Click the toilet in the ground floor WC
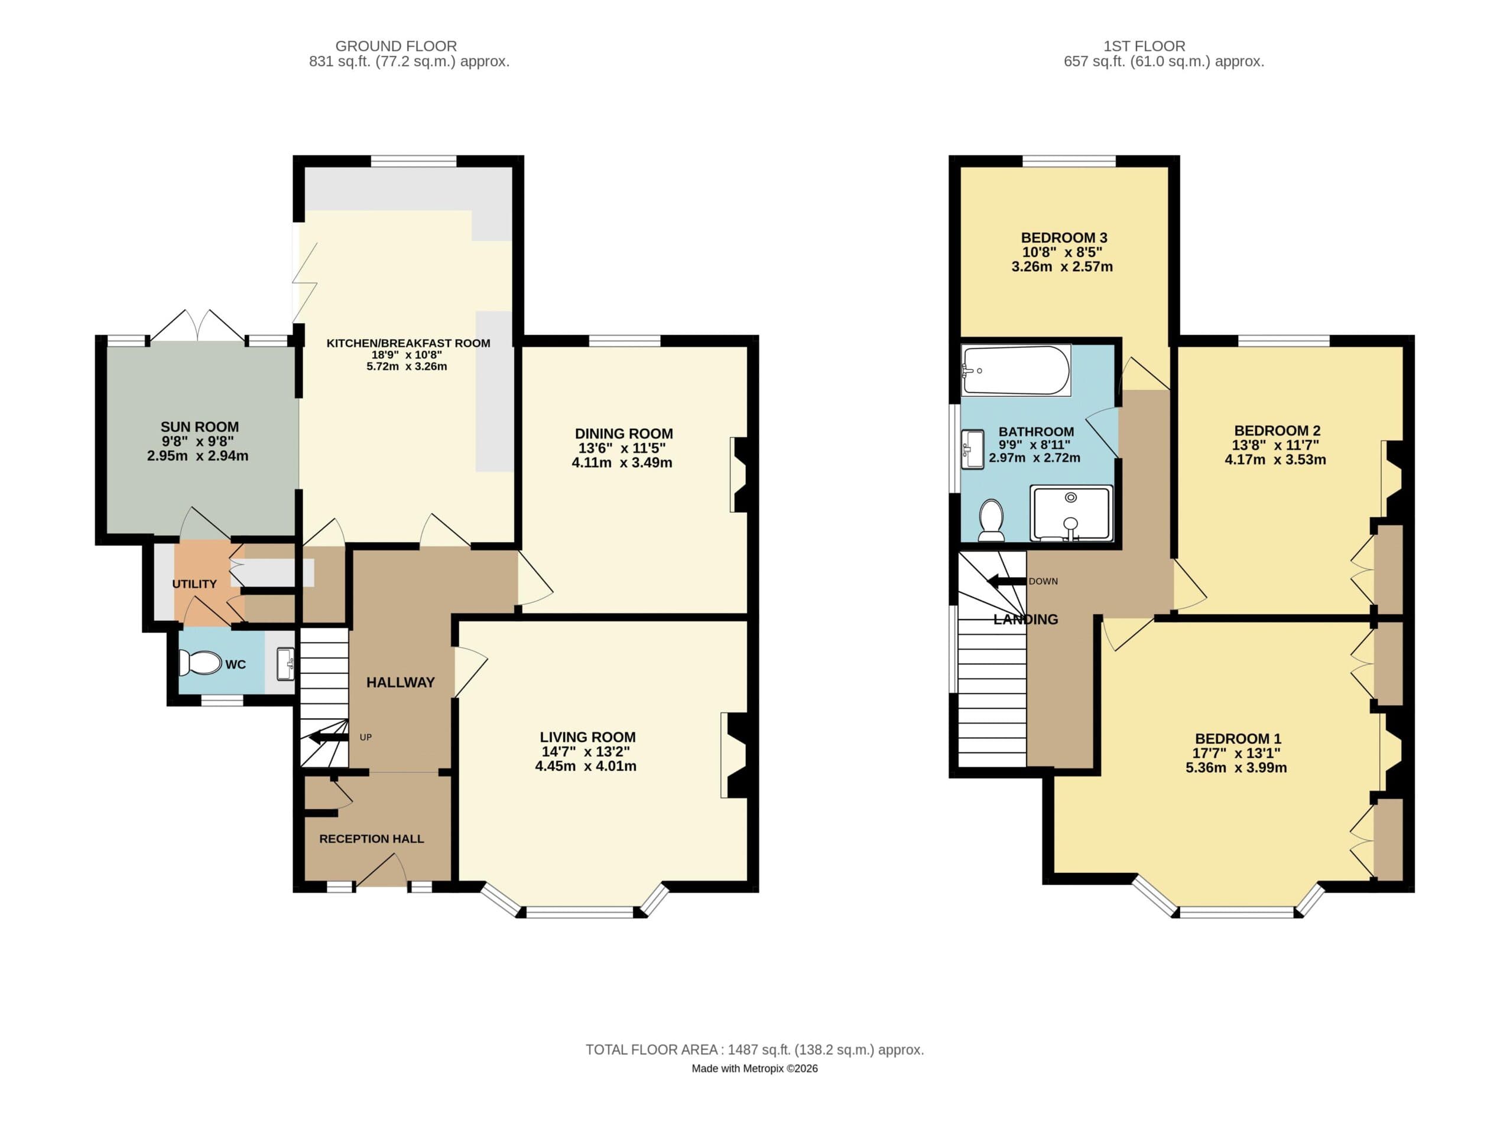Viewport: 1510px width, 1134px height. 199,663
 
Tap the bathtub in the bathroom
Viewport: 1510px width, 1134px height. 1015,370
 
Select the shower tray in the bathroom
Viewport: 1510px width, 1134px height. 1070,513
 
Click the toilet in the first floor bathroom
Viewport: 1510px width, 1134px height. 991,520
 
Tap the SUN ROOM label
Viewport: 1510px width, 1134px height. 199,427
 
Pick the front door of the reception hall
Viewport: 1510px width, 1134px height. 381,875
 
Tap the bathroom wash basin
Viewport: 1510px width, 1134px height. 972,449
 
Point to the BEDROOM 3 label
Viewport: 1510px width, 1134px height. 1064,237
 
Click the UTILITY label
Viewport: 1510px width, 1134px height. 194,584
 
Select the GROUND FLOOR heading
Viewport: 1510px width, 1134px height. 396,45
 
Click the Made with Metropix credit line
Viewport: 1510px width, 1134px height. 754,1068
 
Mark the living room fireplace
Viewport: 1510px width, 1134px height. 735,755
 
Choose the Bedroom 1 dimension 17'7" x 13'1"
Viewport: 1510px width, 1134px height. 1236,753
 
